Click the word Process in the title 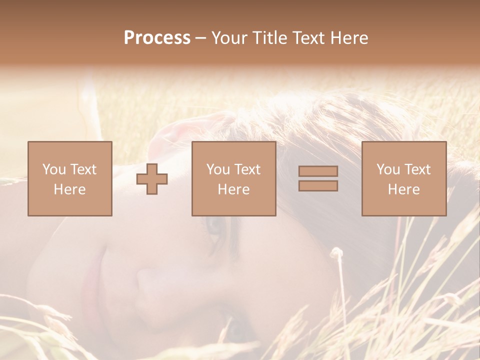(x=157, y=38)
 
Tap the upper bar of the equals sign (x=318, y=171)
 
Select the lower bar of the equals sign (x=318, y=185)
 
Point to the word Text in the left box (x=82, y=169)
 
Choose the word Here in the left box (x=69, y=189)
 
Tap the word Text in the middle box (x=247, y=169)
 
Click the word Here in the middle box (x=233, y=189)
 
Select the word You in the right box (x=388, y=169)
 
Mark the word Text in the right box (x=417, y=169)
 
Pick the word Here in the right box (x=403, y=189)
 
